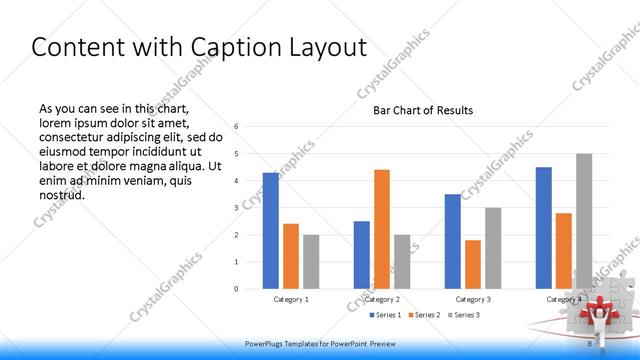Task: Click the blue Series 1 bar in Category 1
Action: [x=270, y=230]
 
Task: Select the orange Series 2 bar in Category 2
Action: [x=381, y=229]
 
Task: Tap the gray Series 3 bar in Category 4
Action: [x=583, y=221]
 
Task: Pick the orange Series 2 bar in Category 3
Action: [x=472, y=264]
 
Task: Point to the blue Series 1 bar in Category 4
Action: [x=543, y=227]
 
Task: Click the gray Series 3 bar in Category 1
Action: [x=311, y=261]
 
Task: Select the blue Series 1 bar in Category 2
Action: [x=361, y=254]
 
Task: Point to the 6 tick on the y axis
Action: [x=236, y=127]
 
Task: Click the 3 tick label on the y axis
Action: [x=236, y=208]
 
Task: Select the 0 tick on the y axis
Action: [x=236, y=289]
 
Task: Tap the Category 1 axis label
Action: [x=291, y=299]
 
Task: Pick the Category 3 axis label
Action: [x=472, y=299]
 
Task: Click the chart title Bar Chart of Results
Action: [x=423, y=110]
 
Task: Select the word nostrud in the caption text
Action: [x=62, y=194]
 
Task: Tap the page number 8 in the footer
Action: [x=590, y=342]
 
